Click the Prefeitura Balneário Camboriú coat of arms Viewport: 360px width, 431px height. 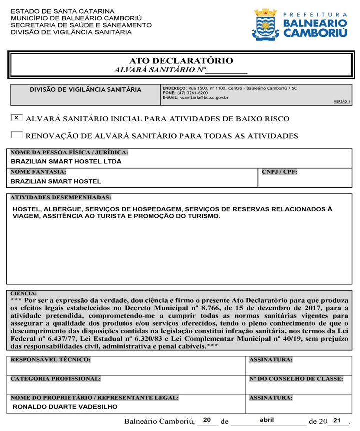[x=265, y=24]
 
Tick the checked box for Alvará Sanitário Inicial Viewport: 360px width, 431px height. [x=17, y=118]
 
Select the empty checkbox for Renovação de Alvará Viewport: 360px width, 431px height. [x=17, y=135]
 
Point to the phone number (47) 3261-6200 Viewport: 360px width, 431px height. [x=192, y=93]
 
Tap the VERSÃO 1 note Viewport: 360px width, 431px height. [x=342, y=101]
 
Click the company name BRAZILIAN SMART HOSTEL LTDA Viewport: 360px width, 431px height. [x=66, y=162]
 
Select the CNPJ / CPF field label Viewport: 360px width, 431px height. [x=279, y=172]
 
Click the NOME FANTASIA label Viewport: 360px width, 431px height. [x=38, y=172]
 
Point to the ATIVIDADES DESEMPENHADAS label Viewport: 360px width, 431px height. [x=61, y=198]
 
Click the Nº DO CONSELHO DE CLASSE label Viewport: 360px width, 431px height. [x=296, y=379]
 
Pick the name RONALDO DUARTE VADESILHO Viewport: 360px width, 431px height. [x=64, y=407]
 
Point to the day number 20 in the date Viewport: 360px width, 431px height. [x=207, y=420]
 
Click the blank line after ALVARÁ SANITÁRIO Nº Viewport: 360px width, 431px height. [x=227, y=71]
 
